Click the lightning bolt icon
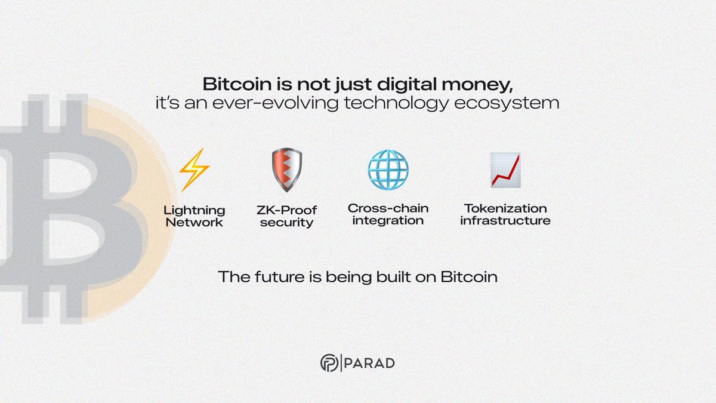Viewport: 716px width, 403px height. [194, 170]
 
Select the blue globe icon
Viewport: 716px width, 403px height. [388, 170]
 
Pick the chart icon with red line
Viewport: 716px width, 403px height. [505, 170]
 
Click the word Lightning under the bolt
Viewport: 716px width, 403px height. [195, 210]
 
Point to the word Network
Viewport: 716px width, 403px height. [195, 223]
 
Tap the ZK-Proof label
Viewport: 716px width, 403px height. [286, 210]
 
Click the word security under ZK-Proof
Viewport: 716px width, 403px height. [286, 223]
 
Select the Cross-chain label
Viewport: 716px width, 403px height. [388, 208]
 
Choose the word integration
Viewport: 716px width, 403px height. [388, 220]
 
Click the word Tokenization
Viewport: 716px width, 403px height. [505, 208]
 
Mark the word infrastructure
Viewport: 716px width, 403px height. [505, 220]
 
